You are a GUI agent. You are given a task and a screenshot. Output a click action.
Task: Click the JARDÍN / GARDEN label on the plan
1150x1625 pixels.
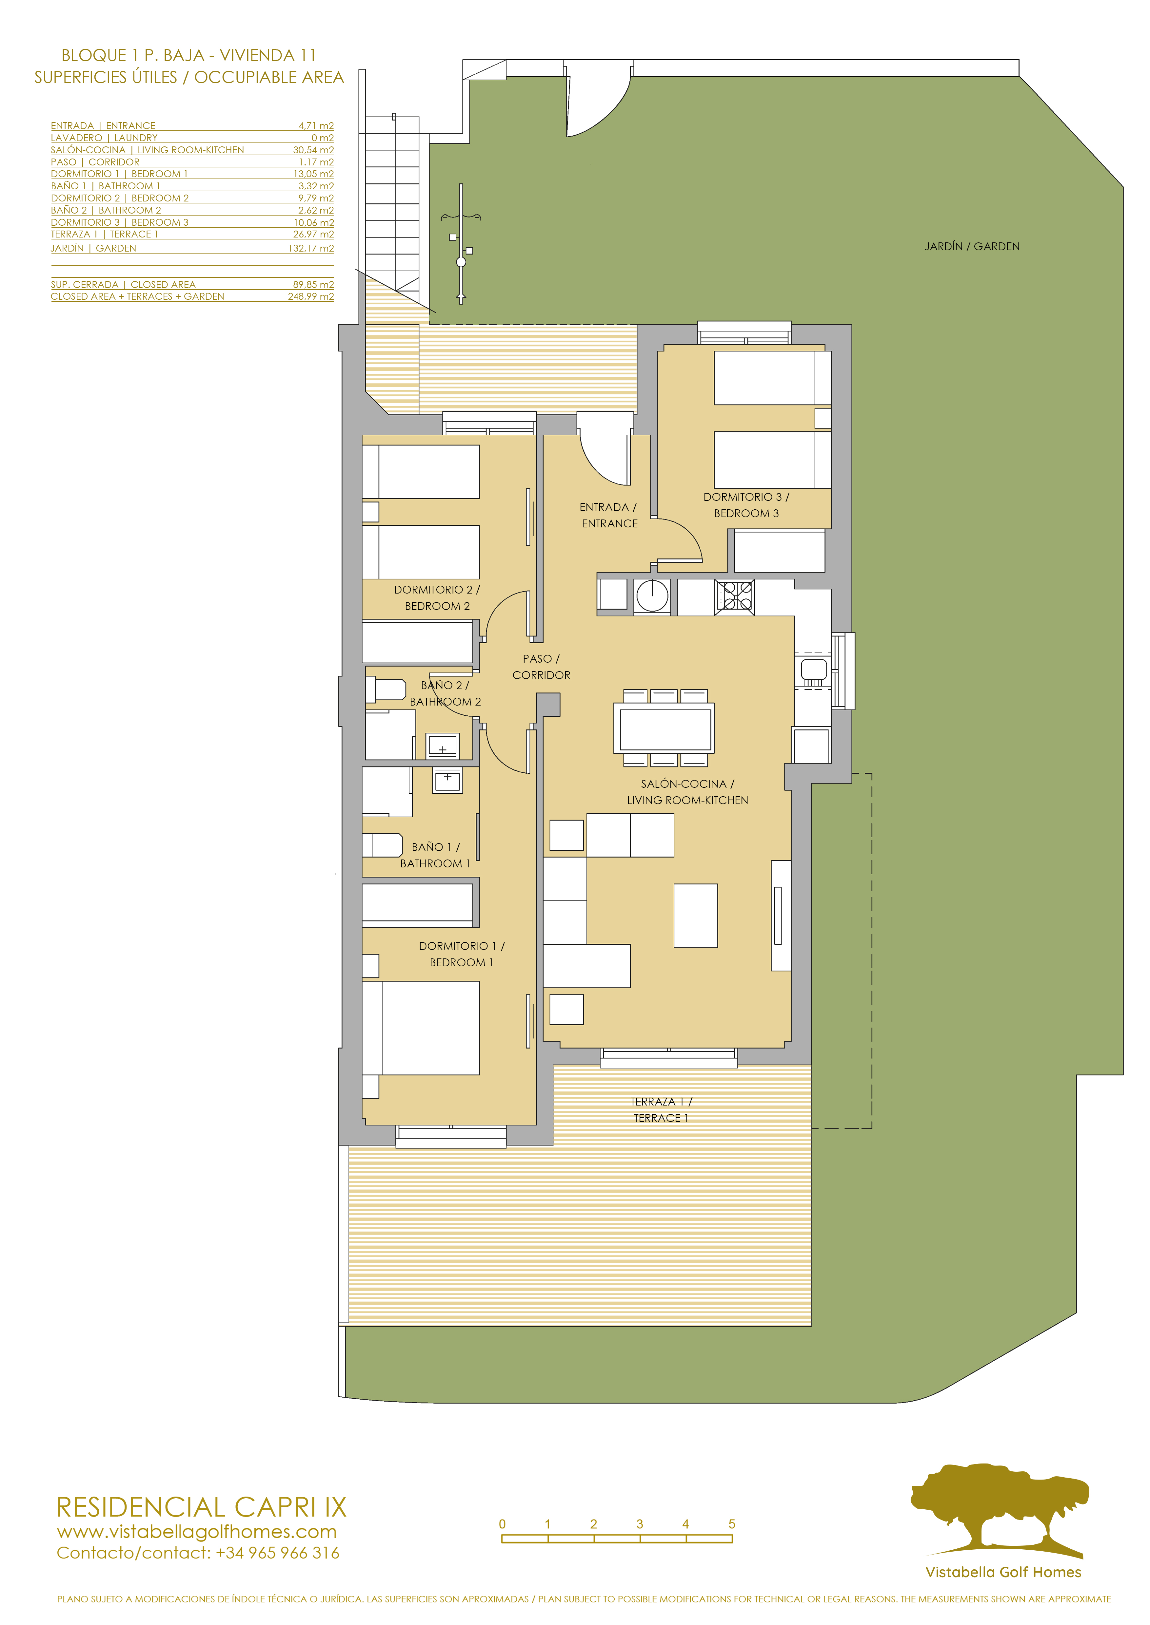click(x=972, y=246)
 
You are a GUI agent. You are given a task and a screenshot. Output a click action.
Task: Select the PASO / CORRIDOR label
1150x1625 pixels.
click(x=541, y=667)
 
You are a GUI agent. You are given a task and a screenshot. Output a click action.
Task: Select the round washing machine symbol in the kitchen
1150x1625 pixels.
click(x=652, y=595)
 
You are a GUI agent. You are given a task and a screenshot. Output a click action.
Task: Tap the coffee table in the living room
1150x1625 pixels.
click(x=695, y=915)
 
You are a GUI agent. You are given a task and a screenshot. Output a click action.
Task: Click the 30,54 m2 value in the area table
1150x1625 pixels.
click(x=313, y=150)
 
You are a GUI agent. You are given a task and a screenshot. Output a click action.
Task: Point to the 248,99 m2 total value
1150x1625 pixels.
click(x=311, y=296)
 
